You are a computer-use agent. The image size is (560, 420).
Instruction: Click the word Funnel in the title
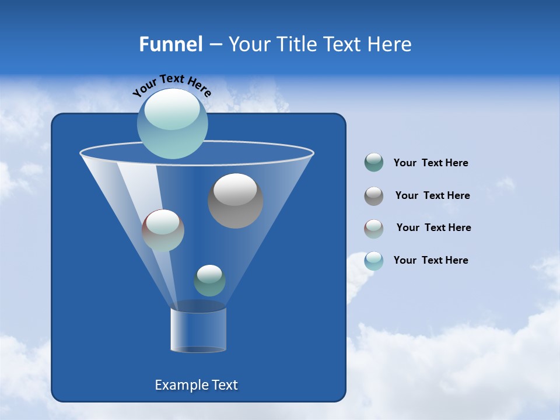(x=171, y=44)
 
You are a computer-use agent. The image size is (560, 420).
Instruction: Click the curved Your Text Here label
(x=171, y=85)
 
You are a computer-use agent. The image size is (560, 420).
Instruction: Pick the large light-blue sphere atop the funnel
(x=172, y=123)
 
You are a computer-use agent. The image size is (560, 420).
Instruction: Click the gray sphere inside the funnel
(x=235, y=201)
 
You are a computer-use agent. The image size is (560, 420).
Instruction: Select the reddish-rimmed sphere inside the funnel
(x=163, y=230)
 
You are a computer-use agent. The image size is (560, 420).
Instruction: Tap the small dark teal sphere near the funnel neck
(x=209, y=281)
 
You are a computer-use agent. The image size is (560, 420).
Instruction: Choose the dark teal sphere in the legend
(x=374, y=163)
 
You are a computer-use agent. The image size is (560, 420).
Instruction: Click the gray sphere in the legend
(x=374, y=196)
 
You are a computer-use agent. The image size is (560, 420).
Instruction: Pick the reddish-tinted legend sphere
(x=374, y=229)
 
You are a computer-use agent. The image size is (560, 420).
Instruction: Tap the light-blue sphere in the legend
(x=374, y=261)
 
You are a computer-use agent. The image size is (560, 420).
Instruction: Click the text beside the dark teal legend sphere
(x=430, y=163)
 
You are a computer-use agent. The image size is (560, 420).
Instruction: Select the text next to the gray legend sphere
(x=432, y=196)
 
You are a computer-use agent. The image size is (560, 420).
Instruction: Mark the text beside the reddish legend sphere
(x=433, y=228)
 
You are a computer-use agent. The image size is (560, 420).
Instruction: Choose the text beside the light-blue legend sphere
(x=430, y=260)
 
